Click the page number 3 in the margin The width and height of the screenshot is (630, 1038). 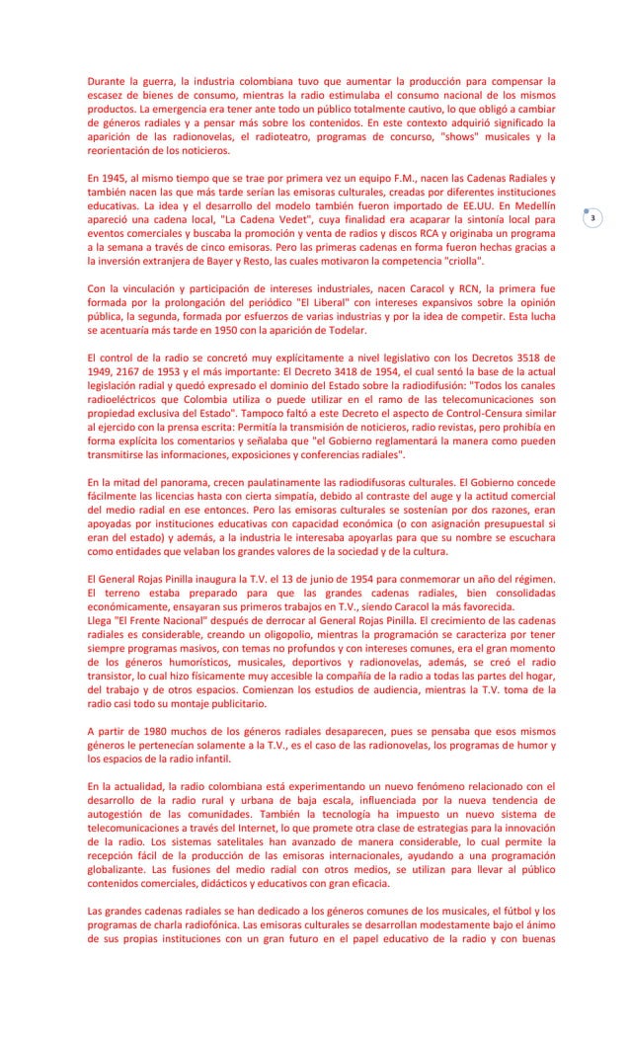[x=591, y=217]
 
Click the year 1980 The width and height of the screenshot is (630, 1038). [x=151, y=732]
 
